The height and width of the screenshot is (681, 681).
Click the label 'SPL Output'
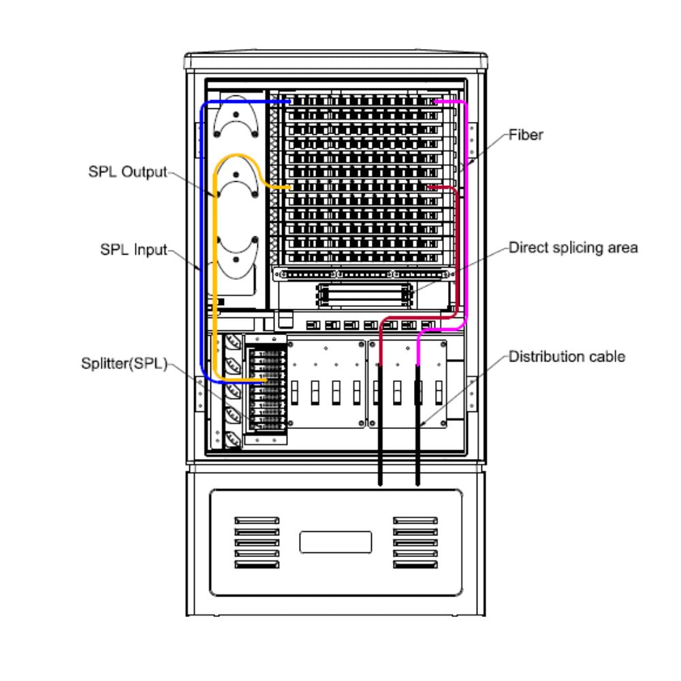pos(127,172)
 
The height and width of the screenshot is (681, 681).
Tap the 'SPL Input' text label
pos(133,250)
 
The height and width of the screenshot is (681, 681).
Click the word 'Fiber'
pos(526,135)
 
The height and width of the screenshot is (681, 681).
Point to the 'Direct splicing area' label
pos(573,247)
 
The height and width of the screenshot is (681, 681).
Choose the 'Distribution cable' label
pos(567,356)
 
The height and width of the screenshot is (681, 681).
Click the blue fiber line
pos(202,238)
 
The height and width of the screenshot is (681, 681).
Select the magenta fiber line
pos(466,204)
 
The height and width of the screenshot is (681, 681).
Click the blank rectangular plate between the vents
pos(336,542)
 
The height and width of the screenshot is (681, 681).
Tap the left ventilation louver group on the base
pos(257,542)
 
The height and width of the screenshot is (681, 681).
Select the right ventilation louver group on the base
pos(415,542)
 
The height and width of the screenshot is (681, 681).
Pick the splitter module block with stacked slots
pos(266,388)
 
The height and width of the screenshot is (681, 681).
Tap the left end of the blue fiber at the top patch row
pos(289,101)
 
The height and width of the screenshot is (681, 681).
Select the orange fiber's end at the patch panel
pos(290,187)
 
